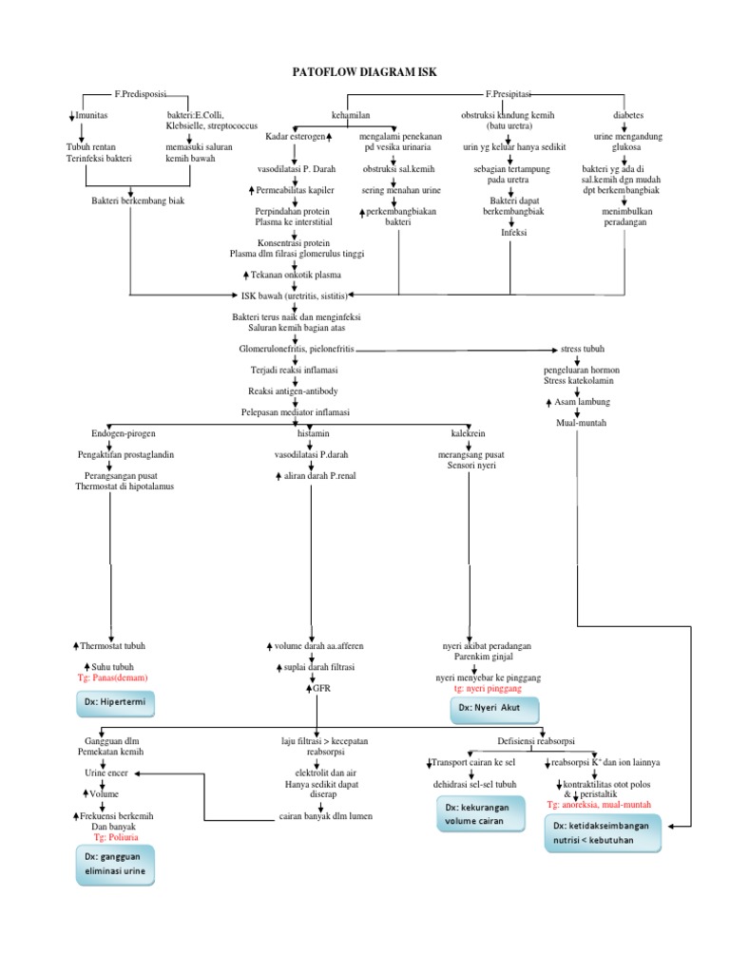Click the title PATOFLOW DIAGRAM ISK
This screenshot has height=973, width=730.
365,71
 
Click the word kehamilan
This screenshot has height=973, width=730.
351,115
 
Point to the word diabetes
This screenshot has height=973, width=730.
628,115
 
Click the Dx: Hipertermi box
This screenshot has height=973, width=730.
115,704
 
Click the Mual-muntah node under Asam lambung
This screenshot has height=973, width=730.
581,423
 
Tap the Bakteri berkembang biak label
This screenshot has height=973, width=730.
138,201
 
